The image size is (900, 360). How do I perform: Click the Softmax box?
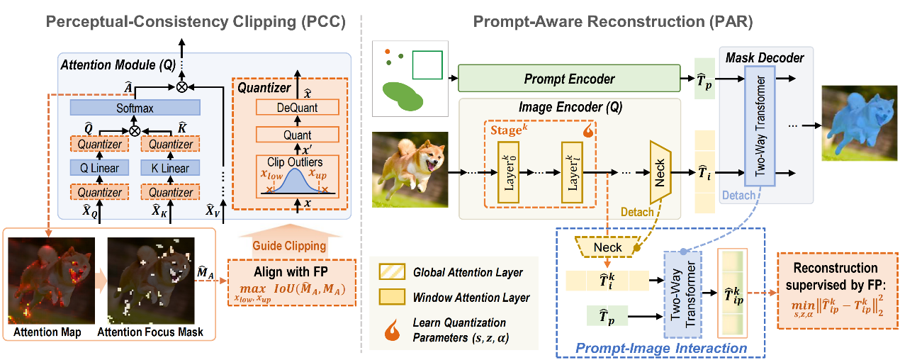(135, 108)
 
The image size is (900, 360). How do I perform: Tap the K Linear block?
(171, 168)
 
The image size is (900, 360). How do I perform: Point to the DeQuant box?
(297, 108)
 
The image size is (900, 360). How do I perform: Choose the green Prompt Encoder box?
(569, 79)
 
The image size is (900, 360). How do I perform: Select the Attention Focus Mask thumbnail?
(150, 281)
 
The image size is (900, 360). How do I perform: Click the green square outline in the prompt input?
(427, 64)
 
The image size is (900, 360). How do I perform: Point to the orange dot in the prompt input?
(387, 51)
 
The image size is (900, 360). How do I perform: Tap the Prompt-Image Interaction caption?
(662, 348)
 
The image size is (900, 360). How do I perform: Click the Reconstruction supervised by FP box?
(837, 291)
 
